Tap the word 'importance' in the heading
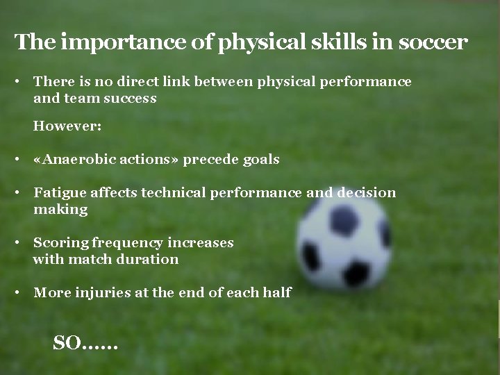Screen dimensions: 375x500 pos(104,43)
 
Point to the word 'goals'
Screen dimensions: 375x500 pos(261,160)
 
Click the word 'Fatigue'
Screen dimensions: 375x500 pos(57,193)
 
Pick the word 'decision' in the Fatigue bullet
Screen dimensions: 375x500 pos(366,193)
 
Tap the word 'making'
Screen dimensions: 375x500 pos(60,210)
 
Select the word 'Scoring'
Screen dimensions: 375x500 pos(56,243)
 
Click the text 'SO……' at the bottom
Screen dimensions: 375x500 pos(85,342)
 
